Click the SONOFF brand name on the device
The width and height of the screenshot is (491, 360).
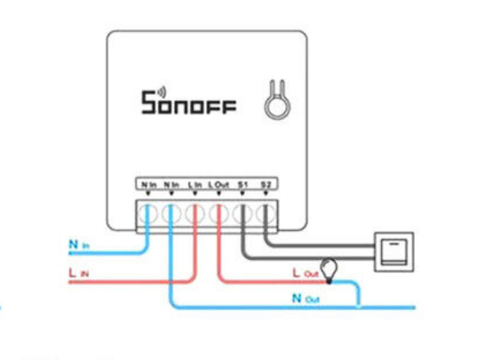point(189,103)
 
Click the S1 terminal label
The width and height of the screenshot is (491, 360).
point(242,184)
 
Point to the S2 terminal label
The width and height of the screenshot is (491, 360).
point(265,184)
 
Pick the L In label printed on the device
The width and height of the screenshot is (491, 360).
point(195,184)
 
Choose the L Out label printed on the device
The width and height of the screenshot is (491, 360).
point(218,184)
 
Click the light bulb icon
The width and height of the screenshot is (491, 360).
point(329,269)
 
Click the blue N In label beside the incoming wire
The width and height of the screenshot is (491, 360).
point(79,245)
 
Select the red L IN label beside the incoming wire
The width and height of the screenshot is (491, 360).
point(79,272)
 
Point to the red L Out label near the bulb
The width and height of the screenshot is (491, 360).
point(303,271)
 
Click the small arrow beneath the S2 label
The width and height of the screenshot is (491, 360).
point(265,193)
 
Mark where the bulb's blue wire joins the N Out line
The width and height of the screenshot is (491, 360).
point(359,307)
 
